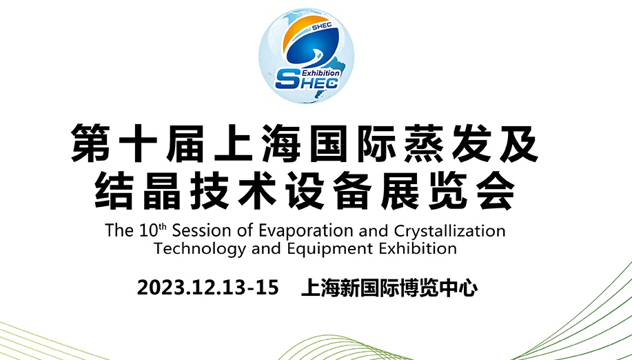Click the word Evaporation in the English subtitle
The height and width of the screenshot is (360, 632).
coord(306,231)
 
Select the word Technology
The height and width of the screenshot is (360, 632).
coord(200,249)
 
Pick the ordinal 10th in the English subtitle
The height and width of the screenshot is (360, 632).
coord(153,230)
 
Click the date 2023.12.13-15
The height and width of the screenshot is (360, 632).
coord(208,288)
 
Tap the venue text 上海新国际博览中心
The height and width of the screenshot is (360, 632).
coord(389,288)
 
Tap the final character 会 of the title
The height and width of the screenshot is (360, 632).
coord(496,190)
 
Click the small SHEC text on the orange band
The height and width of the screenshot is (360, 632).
coord(322,26)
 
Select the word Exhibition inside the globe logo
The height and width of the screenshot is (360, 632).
coord(321,73)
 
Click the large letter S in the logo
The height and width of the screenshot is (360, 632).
coord(288,79)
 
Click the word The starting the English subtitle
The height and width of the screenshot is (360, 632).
coord(119,231)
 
